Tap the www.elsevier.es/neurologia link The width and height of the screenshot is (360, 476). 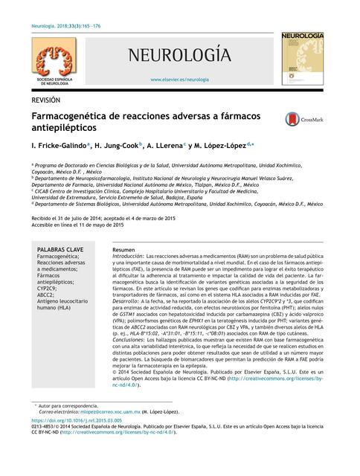179,78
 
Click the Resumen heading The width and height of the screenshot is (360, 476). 123,248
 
